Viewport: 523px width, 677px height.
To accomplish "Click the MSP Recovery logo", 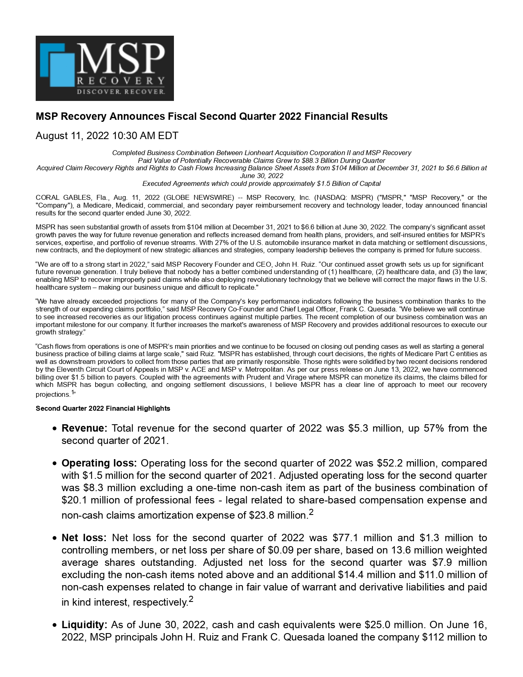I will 105,68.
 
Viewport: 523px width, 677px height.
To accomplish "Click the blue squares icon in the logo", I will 58,64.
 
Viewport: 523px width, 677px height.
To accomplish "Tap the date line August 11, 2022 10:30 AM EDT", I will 107,136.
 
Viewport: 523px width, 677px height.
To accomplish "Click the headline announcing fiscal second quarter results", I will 212,117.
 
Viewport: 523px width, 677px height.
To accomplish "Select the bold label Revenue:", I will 84,428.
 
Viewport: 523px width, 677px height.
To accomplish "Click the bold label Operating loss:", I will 99,463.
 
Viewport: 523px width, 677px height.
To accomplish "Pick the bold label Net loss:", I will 84,538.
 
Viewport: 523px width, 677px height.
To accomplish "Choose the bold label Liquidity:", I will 84,625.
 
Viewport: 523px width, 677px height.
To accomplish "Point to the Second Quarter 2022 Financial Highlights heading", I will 103,409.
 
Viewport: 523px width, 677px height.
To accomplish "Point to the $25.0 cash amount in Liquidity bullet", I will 377,625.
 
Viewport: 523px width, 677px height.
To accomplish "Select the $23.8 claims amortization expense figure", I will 261,515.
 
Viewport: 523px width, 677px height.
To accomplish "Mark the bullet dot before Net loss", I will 55,538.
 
